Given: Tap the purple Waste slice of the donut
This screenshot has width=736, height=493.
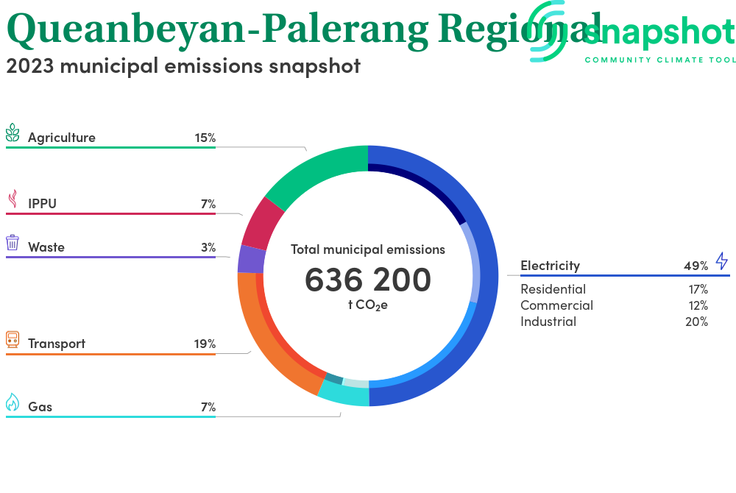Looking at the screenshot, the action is [251, 260].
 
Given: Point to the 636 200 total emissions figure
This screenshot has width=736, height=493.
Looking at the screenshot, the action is [368, 280].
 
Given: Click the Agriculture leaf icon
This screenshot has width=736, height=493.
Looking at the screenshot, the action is [13, 132].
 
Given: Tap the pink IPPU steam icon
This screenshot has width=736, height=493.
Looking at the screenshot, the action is [13, 199].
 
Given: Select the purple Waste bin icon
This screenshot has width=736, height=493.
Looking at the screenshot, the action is [13, 243].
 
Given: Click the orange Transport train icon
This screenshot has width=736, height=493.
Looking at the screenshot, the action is [13, 339].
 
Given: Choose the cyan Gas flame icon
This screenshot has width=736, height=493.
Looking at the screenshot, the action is [13, 402].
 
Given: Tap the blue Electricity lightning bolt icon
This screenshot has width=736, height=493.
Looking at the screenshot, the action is [722, 260].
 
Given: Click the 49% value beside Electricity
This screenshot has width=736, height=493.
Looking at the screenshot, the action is [696, 266].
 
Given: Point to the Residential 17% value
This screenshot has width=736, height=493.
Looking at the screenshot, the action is [698, 289].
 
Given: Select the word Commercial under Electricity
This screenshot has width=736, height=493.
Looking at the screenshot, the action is [556, 305].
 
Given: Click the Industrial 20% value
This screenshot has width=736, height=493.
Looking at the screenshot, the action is [696, 322].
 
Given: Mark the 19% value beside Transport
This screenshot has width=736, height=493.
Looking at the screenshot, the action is [205, 344].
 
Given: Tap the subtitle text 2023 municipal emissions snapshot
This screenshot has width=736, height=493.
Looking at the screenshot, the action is [183, 66].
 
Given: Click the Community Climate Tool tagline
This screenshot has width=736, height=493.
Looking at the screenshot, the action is [660, 60].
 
